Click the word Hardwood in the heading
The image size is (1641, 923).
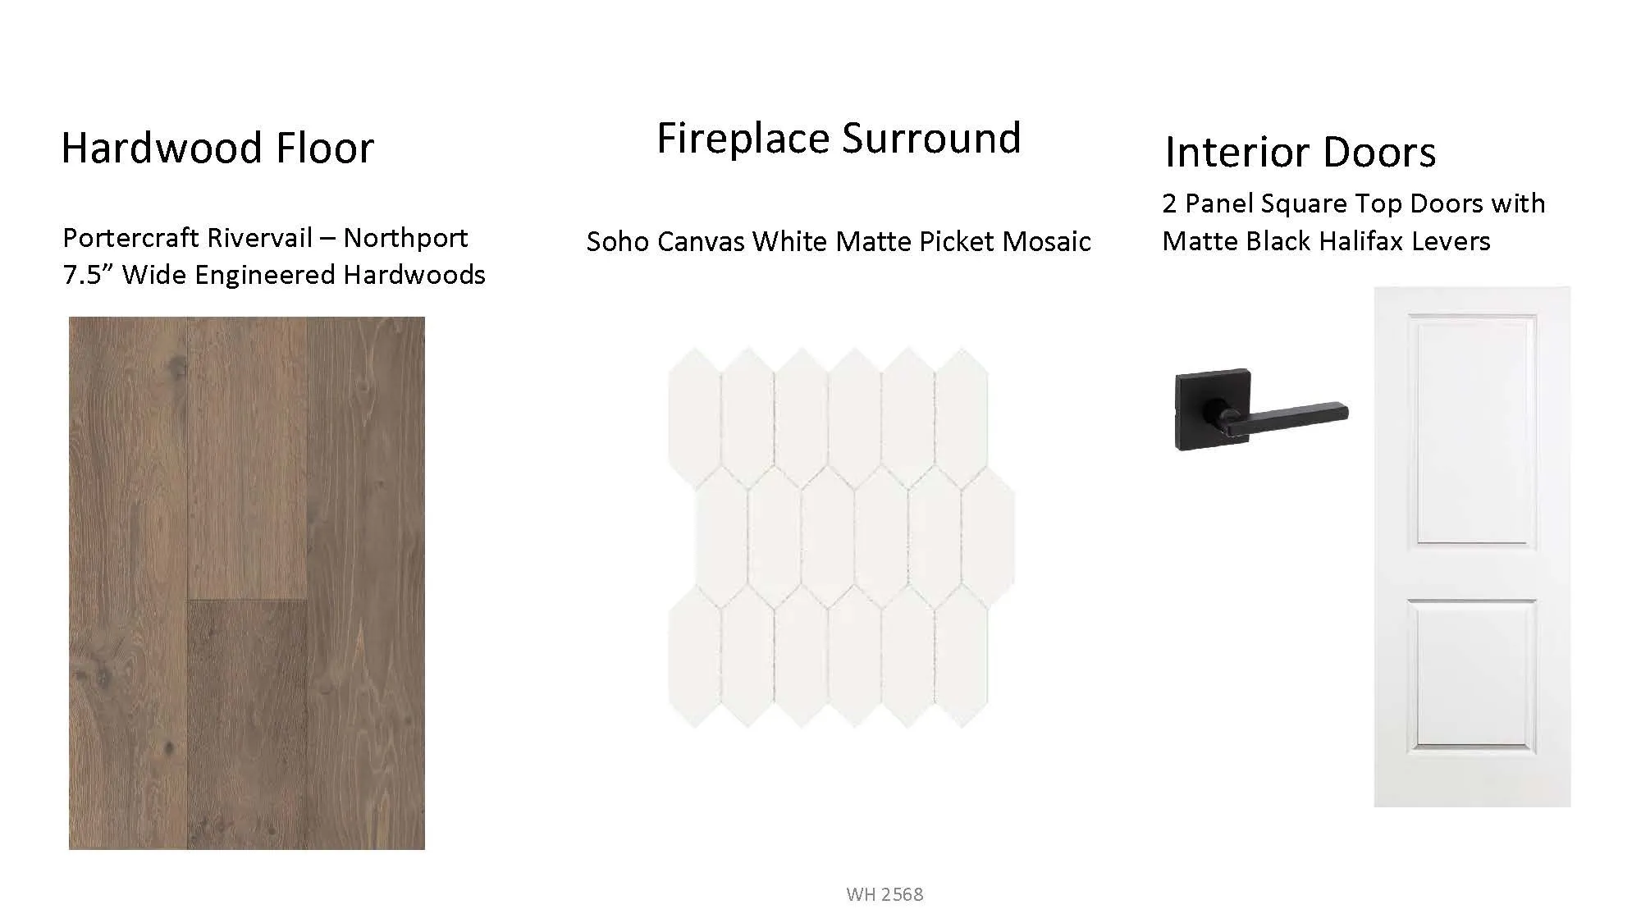pos(162,149)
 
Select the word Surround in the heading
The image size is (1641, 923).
pos(931,138)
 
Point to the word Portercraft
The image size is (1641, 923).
pos(130,238)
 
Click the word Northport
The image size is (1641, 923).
pos(405,239)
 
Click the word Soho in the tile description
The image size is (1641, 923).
pos(614,241)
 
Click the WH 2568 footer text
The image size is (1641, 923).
pos(884,894)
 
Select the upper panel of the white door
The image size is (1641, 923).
pos(1472,430)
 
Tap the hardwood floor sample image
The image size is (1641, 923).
pos(247,583)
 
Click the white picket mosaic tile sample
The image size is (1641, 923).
pos(841,537)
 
